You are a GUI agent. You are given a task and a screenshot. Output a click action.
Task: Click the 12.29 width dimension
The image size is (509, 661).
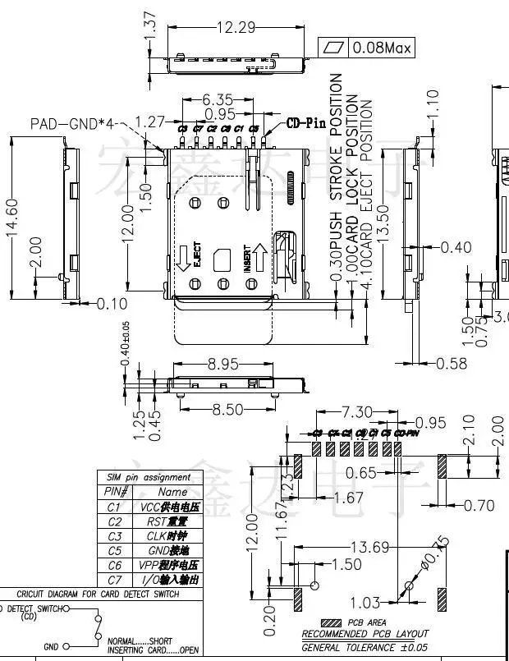click(x=235, y=27)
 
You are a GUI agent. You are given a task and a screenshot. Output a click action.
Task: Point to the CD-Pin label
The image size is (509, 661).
click(x=305, y=124)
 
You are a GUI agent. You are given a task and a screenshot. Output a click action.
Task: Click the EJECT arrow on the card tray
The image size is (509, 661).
click(x=182, y=262)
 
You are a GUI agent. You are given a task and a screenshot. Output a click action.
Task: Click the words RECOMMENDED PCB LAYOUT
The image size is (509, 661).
click(x=365, y=634)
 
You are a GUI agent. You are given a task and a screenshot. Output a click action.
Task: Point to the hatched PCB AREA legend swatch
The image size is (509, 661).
click(x=332, y=622)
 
